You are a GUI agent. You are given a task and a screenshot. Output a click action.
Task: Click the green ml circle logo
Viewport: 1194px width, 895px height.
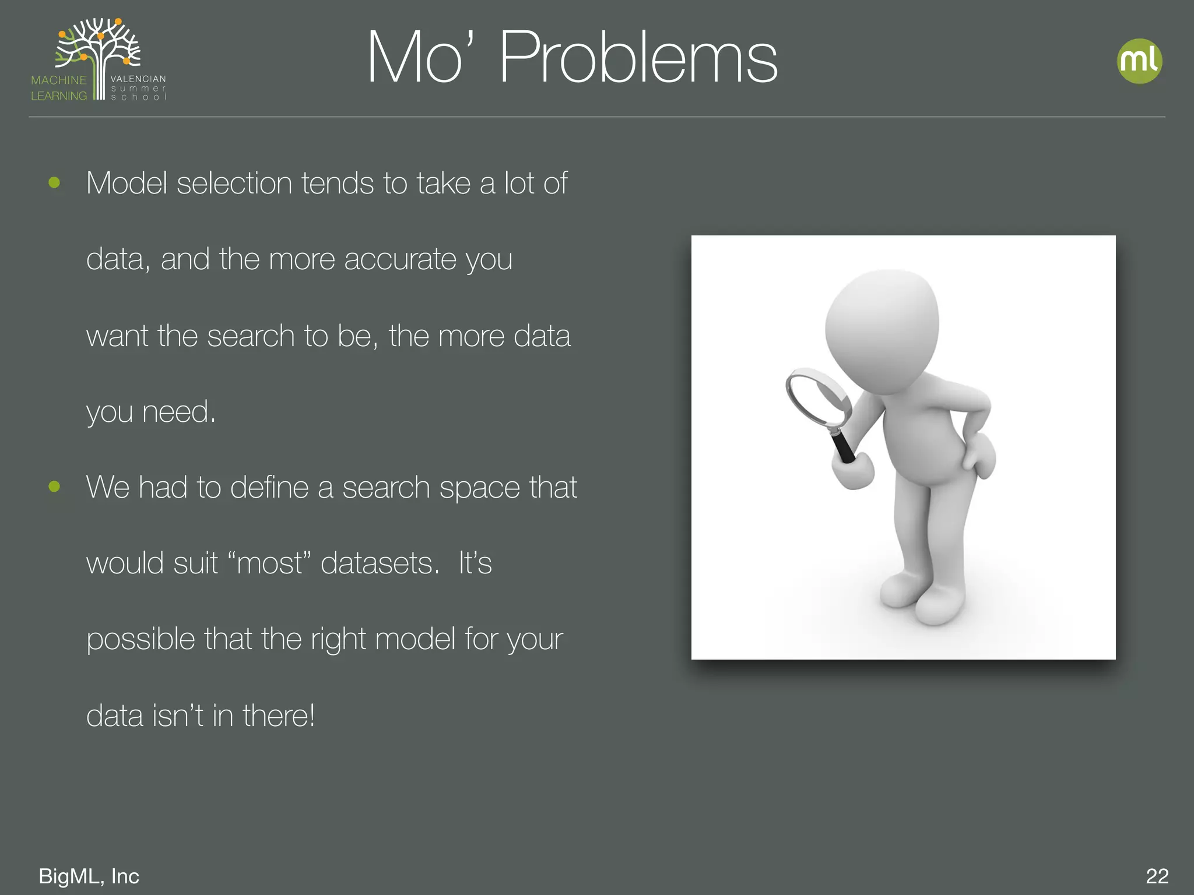[1139, 61]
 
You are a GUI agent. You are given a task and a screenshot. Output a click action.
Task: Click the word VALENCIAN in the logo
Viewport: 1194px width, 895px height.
[138, 79]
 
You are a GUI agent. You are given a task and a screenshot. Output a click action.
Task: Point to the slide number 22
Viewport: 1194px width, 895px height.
[1157, 876]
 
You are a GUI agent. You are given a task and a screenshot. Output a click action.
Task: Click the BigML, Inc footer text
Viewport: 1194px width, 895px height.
[89, 876]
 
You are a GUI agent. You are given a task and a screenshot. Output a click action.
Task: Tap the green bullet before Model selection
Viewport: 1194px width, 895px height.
[54, 183]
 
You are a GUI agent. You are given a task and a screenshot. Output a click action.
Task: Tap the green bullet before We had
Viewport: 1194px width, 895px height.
[54, 487]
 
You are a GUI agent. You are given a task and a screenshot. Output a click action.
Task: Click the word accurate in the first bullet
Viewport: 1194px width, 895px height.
[400, 259]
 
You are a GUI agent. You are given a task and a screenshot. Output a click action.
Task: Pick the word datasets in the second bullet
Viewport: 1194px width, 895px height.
[380, 563]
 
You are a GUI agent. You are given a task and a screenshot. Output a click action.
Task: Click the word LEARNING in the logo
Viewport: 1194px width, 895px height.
[58, 96]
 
